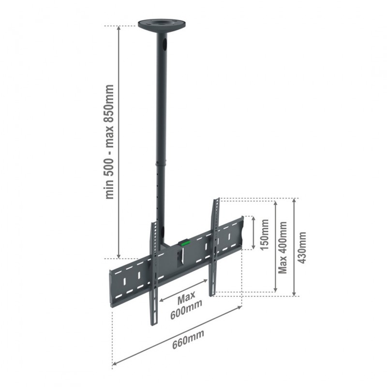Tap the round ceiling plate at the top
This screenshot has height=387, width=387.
coord(162,25)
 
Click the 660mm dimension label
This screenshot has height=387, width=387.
coord(188,339)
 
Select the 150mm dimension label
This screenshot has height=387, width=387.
coord(264,235)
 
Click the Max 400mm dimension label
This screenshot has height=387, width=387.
coord(283,247)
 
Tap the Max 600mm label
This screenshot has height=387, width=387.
coord(186,304)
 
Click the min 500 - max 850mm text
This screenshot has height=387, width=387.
coord(109,142)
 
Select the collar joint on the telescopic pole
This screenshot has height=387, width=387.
coord(161,164)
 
